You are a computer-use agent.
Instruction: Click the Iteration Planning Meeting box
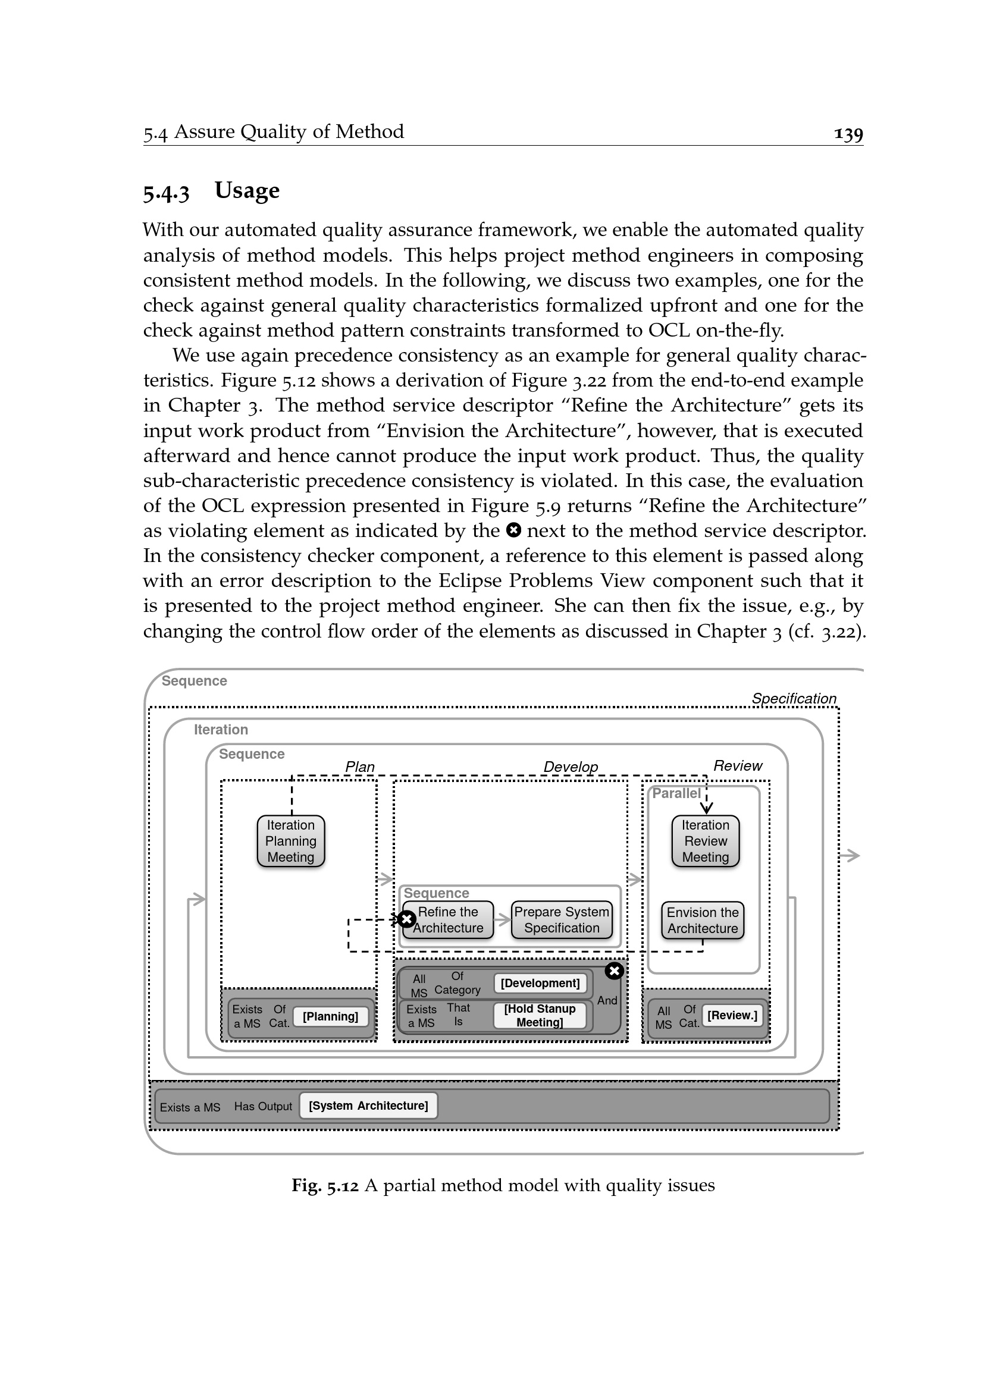click(x=291, y=841)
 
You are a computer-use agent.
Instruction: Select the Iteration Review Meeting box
click(x=706, y=841)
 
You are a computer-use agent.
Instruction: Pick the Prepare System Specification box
click(x=562, y=919)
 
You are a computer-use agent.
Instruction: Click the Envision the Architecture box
click(x=702, y=920)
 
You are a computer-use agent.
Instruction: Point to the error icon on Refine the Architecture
click(x=406, y=919)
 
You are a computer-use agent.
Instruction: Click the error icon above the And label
click(x=615, y=971)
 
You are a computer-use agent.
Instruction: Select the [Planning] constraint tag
click(x=330, y=1016)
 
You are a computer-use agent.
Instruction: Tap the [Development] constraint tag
click(x=540, y=982)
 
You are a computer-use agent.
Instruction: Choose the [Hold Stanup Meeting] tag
click(x=540, y=1015)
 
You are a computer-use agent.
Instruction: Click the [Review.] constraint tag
click(x=732, y=1015)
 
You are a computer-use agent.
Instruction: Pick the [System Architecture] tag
click(x=368, y=1105)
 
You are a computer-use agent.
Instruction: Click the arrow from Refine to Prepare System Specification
click(x=503, y=919)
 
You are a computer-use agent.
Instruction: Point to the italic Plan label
click(x=360, y=767)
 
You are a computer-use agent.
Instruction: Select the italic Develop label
click(x=570, y=767)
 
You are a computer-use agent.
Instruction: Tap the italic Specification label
click(x=794, y=698)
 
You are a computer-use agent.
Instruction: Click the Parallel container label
click(x=676, y=793)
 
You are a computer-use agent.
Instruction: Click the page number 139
click(x=848, y=133)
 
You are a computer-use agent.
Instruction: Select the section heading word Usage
click(x=247, y=190)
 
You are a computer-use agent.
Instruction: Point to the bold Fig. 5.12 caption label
click(x=325, y=1185)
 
